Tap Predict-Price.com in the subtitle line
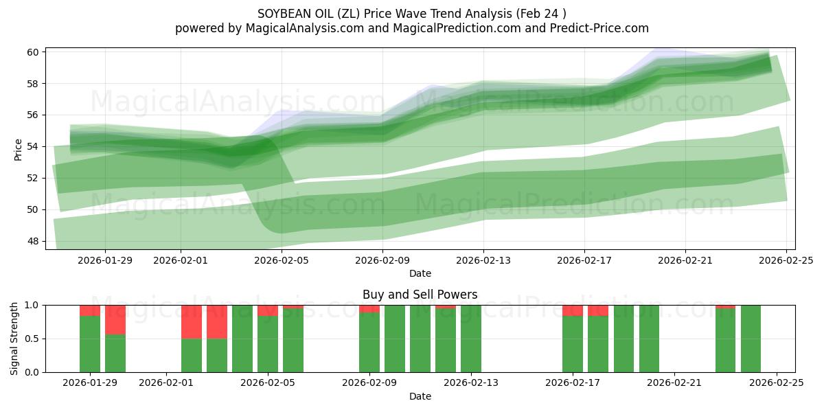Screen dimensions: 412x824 [599, 28]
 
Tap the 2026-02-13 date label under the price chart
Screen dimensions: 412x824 [483, 260]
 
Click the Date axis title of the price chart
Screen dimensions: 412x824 [420, 273]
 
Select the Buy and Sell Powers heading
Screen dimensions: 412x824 [420, 295]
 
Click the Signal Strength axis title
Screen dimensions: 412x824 [14, 339]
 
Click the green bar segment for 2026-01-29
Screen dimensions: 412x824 [90, 343]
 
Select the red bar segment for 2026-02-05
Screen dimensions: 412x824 [268, 310]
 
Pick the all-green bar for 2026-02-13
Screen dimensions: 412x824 [471, 339]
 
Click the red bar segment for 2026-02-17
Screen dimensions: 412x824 [573, 310]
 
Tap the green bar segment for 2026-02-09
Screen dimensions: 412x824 [369, 342]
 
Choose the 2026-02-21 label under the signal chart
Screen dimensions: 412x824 [674, 382]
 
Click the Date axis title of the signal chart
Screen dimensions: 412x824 [420, 396]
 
